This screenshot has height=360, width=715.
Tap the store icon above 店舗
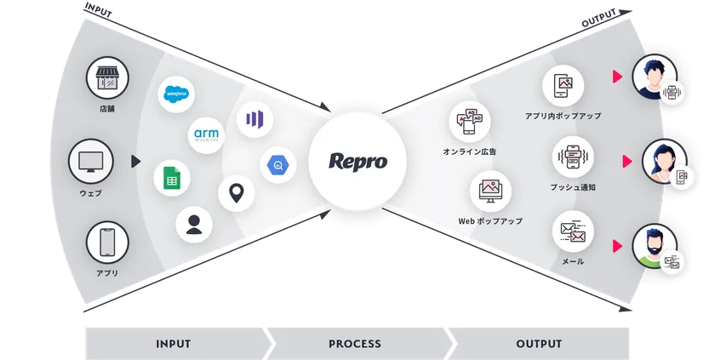point(107,77)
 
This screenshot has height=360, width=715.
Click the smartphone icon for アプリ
point(107,242)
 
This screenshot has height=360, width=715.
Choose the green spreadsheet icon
point(171,179)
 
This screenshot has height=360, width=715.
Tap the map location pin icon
point(237,193)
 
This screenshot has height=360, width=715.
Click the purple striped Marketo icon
point(254,118)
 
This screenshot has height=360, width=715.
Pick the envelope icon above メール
point(572,231)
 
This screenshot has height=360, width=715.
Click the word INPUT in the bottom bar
point(173,344)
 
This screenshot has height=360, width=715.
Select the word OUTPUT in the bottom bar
point(539,344)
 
